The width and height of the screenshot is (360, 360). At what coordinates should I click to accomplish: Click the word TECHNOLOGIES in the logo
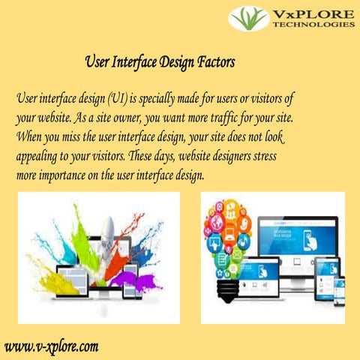[x=314, y=24]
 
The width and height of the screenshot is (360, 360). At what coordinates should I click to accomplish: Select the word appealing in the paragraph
[x=40, y=157]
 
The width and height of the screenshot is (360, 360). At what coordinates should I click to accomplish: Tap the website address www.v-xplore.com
[x=52, y=346]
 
